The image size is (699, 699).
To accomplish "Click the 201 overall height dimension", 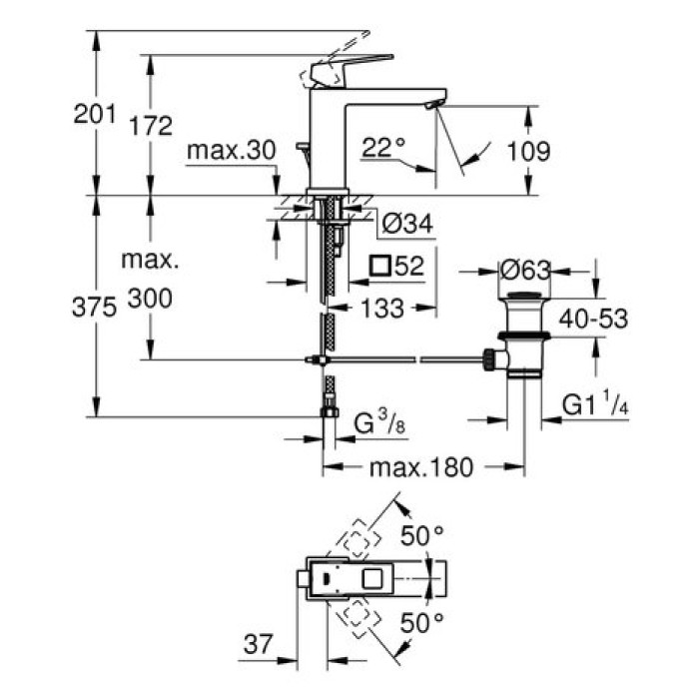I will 95,114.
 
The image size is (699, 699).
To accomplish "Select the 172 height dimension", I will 151,126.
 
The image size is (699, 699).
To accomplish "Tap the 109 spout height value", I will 529,152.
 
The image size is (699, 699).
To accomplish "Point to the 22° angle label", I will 384,148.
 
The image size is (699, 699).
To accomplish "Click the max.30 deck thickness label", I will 230,151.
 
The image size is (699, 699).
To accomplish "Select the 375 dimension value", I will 95,309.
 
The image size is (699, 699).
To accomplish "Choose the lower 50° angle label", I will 421,625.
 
